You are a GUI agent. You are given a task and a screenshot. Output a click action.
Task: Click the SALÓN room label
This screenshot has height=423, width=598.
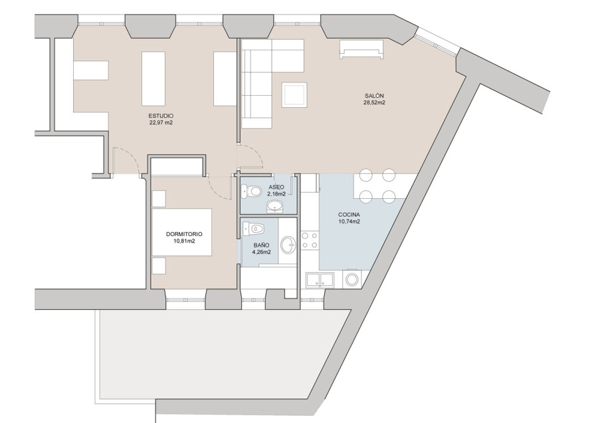[x=373, y=96]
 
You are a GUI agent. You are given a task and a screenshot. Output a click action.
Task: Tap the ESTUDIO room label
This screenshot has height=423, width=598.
[x=161, y=116]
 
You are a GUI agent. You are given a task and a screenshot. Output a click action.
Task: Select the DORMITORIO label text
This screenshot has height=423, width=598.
[x=184, y=234]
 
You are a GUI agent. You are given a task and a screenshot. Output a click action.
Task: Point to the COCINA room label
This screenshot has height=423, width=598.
[x=349, y=215]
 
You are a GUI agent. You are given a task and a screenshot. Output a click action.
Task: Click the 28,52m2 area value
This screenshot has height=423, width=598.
[x=374, y=102]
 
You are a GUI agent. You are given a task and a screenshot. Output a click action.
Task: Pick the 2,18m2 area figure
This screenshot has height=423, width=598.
[x=276, y=194]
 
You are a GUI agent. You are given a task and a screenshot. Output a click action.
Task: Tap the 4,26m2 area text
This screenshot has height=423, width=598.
[x=262, y=252]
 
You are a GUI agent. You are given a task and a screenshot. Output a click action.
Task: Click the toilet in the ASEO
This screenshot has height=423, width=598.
[x=251, y=191]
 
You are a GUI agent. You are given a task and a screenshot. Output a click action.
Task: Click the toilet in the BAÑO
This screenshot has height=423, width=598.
[x=254, y=228]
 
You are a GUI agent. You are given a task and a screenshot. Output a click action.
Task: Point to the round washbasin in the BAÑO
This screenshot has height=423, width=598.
[x=288, y=244]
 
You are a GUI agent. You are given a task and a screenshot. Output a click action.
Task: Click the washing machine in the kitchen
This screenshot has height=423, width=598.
[x=351, y=279]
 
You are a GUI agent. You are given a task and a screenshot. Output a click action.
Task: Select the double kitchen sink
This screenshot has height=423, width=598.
[x=320, y=279]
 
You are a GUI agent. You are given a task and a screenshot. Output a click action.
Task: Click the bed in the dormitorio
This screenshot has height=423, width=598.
[x=182, y=231]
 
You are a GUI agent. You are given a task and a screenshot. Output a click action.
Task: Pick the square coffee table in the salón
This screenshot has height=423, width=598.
[x=294, y=94]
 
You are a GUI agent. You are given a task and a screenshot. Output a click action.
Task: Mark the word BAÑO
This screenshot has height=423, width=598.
[x=261, y=245]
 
